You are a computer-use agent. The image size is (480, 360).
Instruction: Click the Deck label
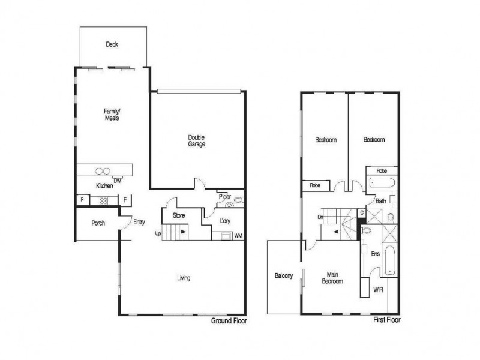tap(111, 44)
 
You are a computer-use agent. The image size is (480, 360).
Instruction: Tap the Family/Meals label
tap(112, 115)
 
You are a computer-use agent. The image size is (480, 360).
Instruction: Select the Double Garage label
tap(197, 140)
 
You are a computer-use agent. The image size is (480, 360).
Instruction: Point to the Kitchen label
tap(104, 186)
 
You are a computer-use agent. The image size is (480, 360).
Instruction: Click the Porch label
tap(98, 223)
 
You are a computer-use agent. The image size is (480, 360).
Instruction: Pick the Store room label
tap(178, 215)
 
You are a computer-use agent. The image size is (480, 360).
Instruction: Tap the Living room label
tap(184, 277)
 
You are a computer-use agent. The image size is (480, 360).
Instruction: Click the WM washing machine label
tap(238, 236)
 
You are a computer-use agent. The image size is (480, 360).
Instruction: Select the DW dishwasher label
tap(118, 180)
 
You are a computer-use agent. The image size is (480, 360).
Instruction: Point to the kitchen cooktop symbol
tap(103, 201)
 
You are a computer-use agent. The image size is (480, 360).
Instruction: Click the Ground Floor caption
tap(229, 321)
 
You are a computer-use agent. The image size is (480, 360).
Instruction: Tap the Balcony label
tap(283, 277)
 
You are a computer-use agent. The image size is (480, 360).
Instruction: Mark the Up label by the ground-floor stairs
tap(158, 233)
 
